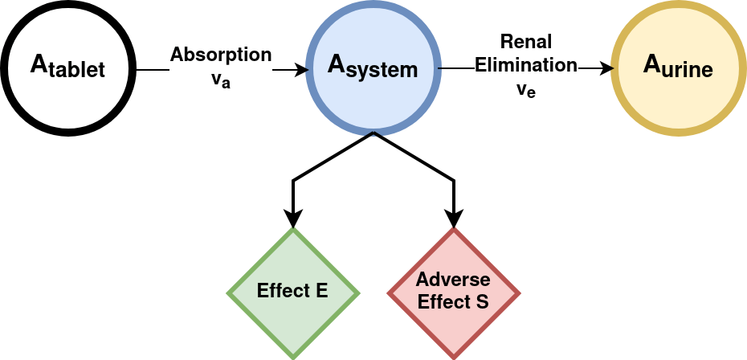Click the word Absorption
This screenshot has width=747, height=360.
coord(221,55)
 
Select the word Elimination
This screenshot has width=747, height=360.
coord(526,65)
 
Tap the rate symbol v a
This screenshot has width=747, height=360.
coord(221,80)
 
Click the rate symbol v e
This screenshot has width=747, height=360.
coord(526,90)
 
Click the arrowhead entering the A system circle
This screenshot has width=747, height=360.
coord(302,70)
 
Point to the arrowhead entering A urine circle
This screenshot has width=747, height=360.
coord(607,68)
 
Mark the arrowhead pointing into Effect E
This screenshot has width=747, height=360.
coord(292,220)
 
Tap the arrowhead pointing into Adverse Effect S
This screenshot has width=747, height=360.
coord(454,220)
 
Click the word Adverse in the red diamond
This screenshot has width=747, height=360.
coord(453,280)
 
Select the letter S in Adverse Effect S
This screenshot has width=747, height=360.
coord(482,302)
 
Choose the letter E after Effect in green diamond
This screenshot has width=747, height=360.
coord(321,290)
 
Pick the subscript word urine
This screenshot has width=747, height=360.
coord(687,70)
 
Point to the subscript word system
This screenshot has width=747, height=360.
coord(382,72)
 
